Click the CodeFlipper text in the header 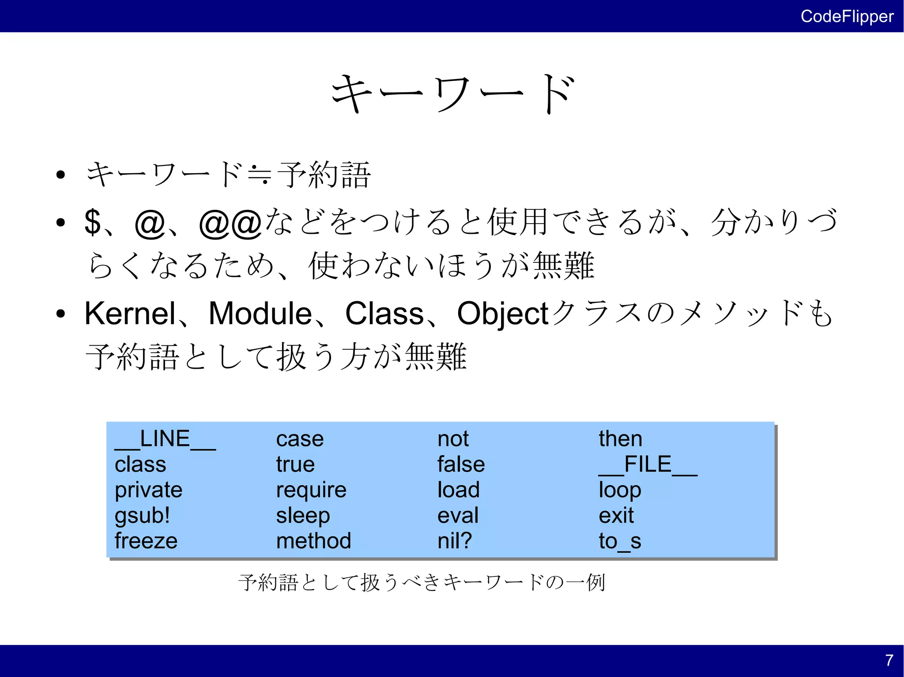coord(847,16)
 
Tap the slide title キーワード coord(453,94)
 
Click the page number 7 coord(889,660)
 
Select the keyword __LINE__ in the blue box coord(165,439)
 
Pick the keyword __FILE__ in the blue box coord(648,465)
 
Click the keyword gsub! coord(142,516)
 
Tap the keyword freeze coord(146,541)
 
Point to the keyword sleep coord(303,516)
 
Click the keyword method coord(313,541)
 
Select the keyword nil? coord(454,541)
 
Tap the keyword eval coord(458,516)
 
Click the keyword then coord(620,439)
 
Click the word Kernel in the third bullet coord(130,314)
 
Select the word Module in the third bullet coord(260,314)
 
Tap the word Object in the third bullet coord(502,314)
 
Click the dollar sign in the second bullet coord(93,222)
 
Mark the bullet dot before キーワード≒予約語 coord(61,175)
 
